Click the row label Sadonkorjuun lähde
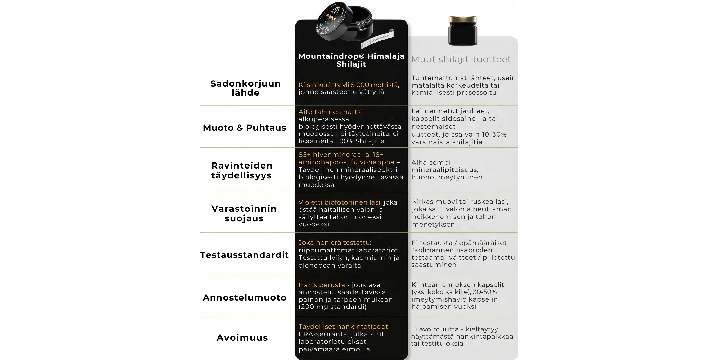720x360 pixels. tap(245, 88)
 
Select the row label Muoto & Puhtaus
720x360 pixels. tap(245, 128)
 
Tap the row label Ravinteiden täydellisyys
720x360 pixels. tap(242, 170)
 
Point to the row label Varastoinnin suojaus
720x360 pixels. tap(244, 213)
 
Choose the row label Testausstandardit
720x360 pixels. tap(245, 255)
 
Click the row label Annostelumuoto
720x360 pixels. tap(245, 298)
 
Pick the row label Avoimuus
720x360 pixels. tap(242, 338)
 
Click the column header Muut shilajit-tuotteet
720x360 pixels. tap(461, 59)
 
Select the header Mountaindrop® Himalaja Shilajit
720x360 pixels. tap(351, 60)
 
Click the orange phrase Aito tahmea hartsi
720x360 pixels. tap(330, 112)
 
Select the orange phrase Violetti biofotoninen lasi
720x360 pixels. tap(339, 202)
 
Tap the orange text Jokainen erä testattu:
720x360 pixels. tap(335, 243)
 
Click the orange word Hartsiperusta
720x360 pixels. tap(322, 285)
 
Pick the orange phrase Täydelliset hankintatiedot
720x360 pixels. tap(344, 326)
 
